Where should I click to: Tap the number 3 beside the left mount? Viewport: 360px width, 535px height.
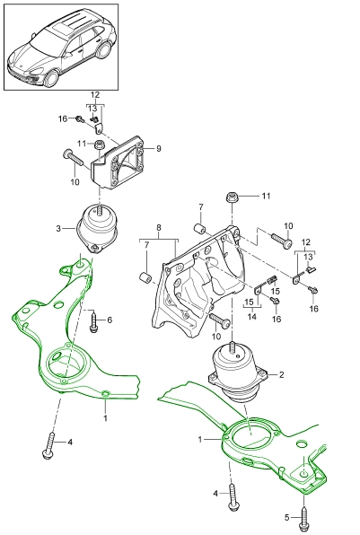[x=58, y=229]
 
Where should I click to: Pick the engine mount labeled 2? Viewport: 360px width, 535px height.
[x=236, y=373]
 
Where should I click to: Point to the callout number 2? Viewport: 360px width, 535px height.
[x=282, y=374]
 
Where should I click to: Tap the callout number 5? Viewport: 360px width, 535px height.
[x=286, y=518]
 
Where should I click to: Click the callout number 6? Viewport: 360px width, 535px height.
[x=110, y=320]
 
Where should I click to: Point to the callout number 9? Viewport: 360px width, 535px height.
[x=158, y=148]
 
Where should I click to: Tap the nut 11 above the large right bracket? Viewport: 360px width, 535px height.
[x=233, y=197]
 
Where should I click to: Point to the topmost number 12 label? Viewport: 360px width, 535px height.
[x=94, y=94]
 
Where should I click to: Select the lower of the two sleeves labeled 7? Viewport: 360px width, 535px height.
[x=143, y=275]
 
